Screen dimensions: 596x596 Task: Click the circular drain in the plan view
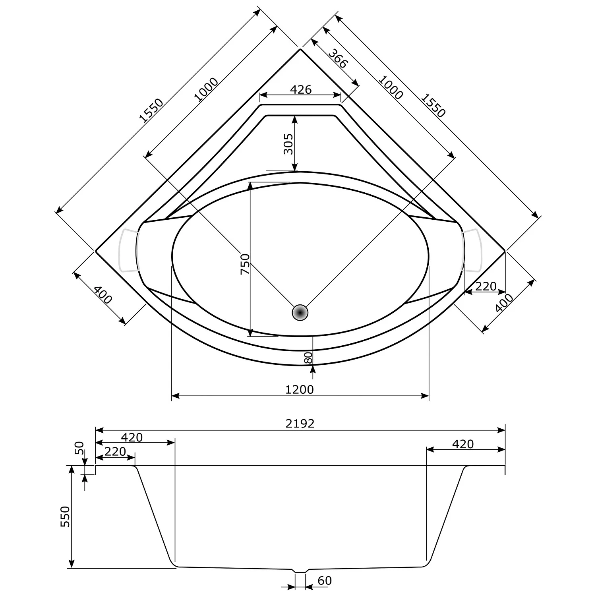click(x=300, y=313)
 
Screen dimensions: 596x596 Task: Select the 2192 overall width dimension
click(x=300, y=424)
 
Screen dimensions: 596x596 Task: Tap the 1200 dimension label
click(x=300, y=389)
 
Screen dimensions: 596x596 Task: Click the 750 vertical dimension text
click(x=245, y=264)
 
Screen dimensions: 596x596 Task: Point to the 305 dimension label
click(x=288, y=144)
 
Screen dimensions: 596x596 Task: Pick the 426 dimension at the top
click(x=300, y=89)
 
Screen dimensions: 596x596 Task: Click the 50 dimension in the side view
click(x=80, y=448)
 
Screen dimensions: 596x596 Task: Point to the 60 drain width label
click(x=325, y=581)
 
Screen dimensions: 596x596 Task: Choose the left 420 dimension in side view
click(x=132, y=437)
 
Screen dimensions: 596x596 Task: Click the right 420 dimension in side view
click(x=462, y=444)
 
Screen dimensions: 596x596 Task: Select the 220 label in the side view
click(x=115, y=452)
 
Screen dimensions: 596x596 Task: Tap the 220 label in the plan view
click(x=486, y=286)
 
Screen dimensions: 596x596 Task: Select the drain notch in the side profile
click(x=300, y=571)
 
